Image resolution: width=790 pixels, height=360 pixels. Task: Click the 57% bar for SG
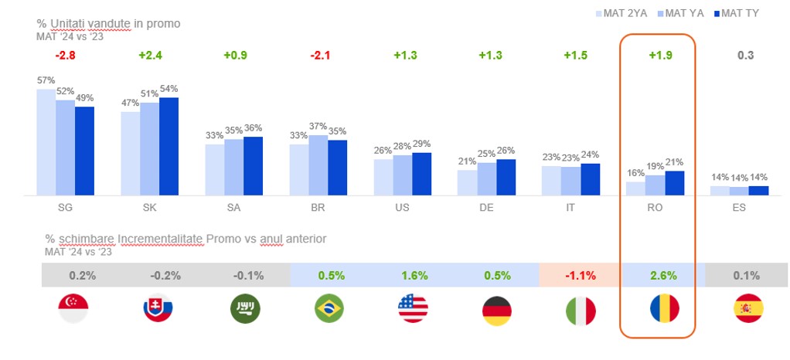coord(46,141)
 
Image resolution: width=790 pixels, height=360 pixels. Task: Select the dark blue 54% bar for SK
coord(169,146)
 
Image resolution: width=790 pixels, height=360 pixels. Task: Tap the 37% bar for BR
coord(318,165)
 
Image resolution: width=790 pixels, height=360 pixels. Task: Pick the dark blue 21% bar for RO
coord(675,182)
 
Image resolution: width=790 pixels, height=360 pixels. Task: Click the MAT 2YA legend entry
coord(623,13)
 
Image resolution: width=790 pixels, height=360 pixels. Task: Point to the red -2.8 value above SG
coord(65,56)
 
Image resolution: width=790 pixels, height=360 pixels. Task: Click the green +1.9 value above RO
coord(658,56)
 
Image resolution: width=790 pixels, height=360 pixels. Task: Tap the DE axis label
coord(487,209)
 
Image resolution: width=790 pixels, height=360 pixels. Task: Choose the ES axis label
coord(740,209)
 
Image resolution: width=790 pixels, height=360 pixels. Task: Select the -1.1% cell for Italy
coord(572,275)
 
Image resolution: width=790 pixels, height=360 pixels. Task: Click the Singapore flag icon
coord(73,310)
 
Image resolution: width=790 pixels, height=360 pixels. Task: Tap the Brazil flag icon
coord(329,310)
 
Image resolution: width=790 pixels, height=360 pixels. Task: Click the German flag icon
coord(497,310)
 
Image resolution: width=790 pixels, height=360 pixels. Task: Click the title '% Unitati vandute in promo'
coord(108,23)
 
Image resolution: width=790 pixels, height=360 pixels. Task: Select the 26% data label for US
coord(383,151)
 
